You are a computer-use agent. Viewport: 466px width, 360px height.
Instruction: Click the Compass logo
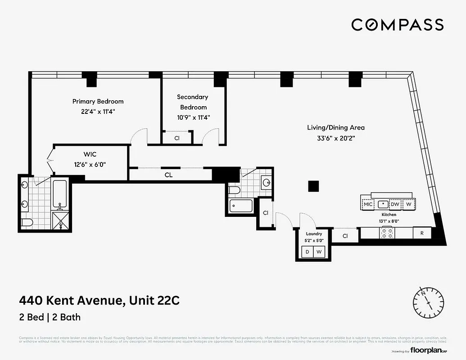(x=397, y=25)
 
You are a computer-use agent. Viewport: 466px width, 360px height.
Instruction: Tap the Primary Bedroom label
(x=98, y=101)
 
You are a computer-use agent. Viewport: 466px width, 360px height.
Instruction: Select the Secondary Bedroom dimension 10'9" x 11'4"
(x=192, y=117)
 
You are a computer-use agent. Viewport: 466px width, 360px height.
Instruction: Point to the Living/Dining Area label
(x=336, y=127)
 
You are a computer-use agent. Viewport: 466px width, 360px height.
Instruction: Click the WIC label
(x=90, y=154)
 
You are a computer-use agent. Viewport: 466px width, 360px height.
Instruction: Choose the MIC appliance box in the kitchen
(x=368, y=204)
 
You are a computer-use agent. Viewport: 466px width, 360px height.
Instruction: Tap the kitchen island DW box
(x=395, y=204)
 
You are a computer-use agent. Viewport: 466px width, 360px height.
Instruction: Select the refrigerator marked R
(x=422, y=233)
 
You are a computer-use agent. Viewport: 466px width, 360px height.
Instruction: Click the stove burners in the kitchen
(x=387, y=233)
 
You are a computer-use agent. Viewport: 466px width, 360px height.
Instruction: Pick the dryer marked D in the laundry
(x=308, y=252)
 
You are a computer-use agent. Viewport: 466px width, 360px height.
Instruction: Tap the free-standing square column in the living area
(x=313, y=186)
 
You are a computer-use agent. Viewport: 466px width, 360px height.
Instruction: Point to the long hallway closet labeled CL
(x=168, y=175)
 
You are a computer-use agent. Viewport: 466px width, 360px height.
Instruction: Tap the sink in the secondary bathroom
(x=266, y=183)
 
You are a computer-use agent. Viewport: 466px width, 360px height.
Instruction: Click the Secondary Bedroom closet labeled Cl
(x=177, y=138)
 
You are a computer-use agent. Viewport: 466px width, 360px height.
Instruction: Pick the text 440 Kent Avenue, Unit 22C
(x=99, y=300)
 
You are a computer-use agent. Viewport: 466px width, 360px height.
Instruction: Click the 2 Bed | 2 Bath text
(x=50, y=317)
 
